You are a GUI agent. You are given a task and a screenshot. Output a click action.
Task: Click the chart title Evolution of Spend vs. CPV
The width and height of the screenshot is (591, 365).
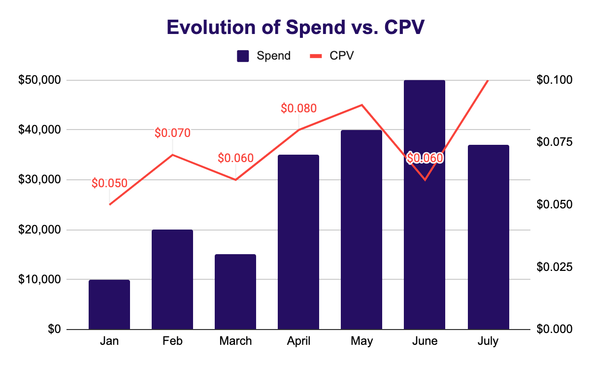[295, 28]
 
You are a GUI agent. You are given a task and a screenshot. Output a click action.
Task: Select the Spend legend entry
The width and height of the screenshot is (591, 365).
[264, 56]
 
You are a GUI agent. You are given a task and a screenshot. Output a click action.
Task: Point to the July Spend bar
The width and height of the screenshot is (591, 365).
[488, 237]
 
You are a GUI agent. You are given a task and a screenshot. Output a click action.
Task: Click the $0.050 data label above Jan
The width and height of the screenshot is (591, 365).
[109, 183]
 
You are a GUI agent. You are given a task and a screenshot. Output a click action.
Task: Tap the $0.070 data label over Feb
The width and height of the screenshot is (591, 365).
[172, 133]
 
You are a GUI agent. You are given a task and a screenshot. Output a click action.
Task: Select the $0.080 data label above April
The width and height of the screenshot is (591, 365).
[298, 108]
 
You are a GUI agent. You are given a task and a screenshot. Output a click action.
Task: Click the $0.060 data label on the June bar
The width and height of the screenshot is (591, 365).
[425, 158]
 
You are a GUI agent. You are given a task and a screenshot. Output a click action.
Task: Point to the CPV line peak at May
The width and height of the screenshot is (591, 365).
[361, 105]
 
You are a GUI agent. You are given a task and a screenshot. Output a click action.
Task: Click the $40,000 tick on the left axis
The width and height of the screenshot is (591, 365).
[39, 130]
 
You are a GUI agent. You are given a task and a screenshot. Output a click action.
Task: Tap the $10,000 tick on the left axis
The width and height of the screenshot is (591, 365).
[39, 279]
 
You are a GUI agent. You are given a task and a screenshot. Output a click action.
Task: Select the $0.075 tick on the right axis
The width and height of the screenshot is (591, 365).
[554, 142]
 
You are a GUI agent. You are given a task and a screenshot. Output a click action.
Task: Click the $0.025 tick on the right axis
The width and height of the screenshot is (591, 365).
[554, 266]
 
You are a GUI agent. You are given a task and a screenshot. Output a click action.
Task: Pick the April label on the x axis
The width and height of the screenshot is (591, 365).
[298, 341]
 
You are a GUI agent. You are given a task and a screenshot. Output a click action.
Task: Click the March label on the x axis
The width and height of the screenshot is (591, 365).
[235, 341]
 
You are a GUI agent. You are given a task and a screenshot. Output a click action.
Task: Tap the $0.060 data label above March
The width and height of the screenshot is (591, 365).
[235, 158]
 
